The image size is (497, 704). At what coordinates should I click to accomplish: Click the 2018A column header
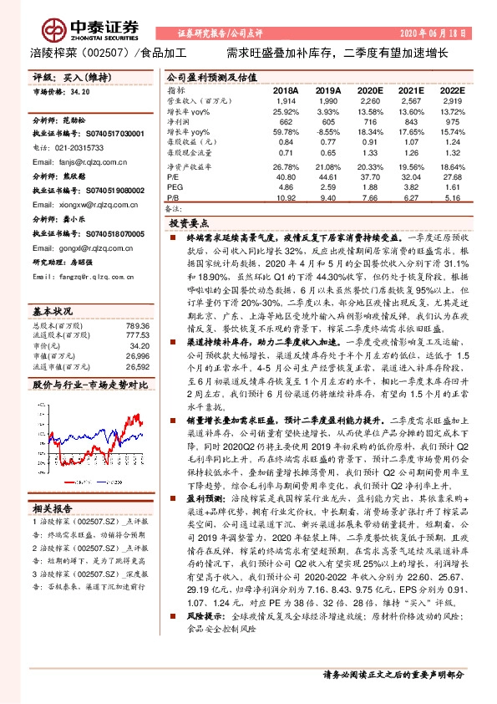(285, 89)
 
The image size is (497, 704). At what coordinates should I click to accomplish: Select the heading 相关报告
(53, 508)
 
